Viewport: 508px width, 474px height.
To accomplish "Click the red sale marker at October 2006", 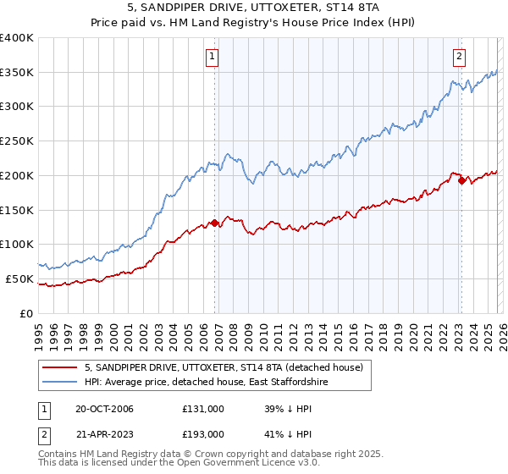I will point(214,223).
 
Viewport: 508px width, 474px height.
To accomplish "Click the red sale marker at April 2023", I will point(461,179).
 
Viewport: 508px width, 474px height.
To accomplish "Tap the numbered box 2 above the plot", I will point(458,58).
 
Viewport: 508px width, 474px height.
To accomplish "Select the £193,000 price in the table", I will point(203,433).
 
